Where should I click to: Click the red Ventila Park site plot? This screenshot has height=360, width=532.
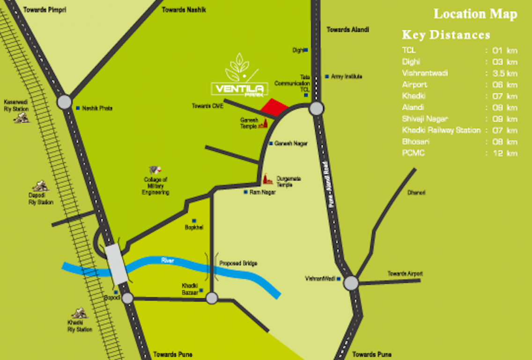pyautogui.click(x=274, y=107)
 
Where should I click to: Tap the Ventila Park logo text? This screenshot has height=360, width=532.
pyautogui.click(x=239, y=89)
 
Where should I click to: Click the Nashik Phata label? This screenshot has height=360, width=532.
pyautogui.click(x=97, y=108)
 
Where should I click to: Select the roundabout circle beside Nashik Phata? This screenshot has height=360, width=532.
pyautogui.click(x=64, y=102)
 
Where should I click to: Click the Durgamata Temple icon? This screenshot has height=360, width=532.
pyautogui.click(x=267, y=179)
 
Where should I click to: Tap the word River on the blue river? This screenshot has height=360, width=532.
pyautogui.click(x=168, y=260)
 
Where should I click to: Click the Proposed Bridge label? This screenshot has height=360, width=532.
pyautogui.click(x=238, y=263)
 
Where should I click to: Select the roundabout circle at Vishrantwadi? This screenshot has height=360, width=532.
pyautogui.click(x=351, y=283)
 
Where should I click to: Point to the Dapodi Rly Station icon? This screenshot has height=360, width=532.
pyautogui.click(x=40, y=186)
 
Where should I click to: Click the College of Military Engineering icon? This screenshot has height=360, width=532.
pyautogui.click(x=155, y=170)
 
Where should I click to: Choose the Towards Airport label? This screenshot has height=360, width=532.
pyautogui.click(x=405, y=274)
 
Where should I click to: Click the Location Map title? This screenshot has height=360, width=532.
pyautogui.click(x=475, y=14)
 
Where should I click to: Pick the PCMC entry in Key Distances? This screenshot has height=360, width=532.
pyautogui.click(x=413, y=153)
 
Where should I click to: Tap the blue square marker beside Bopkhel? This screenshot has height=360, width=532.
pyautogui.click(x=194, y=220)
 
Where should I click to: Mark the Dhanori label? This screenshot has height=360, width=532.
pyautogui.click(x=416, y=193)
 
